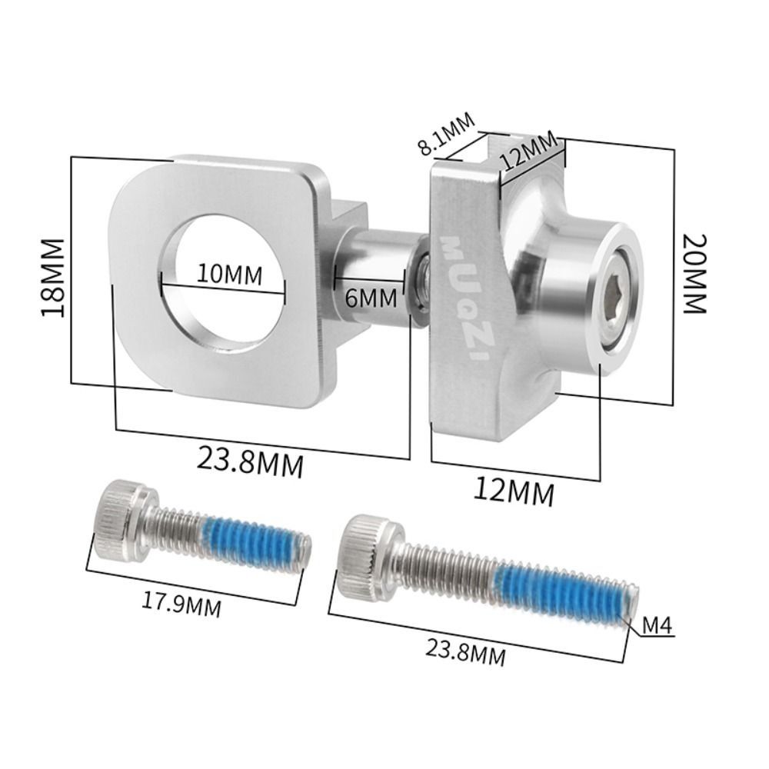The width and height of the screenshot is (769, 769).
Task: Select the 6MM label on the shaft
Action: coord(371,298)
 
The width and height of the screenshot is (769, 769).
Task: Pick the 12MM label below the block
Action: coord(514,491)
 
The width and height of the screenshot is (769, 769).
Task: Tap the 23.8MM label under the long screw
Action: coord(465,651)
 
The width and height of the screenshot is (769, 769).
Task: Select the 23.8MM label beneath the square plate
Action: coord(250,462)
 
